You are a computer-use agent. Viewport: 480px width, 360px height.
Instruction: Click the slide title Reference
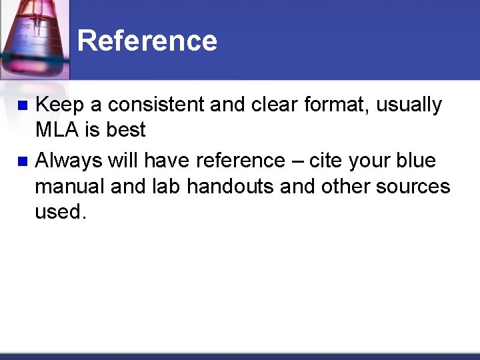pyautogui.click(x=147, y=41)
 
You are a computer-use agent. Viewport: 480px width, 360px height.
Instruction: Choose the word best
pyautogui.click(x=125, y=130)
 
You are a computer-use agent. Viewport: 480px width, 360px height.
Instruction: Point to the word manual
pyautogui.click(x=69, y=186)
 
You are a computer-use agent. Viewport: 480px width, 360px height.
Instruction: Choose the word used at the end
pyautogui.click(x=58, y=211)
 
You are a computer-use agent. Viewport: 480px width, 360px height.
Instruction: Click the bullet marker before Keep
pyautogui.click(x=22, y=105)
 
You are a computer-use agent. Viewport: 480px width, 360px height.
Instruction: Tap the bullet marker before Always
pyautogui.click(x=22, y=161)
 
